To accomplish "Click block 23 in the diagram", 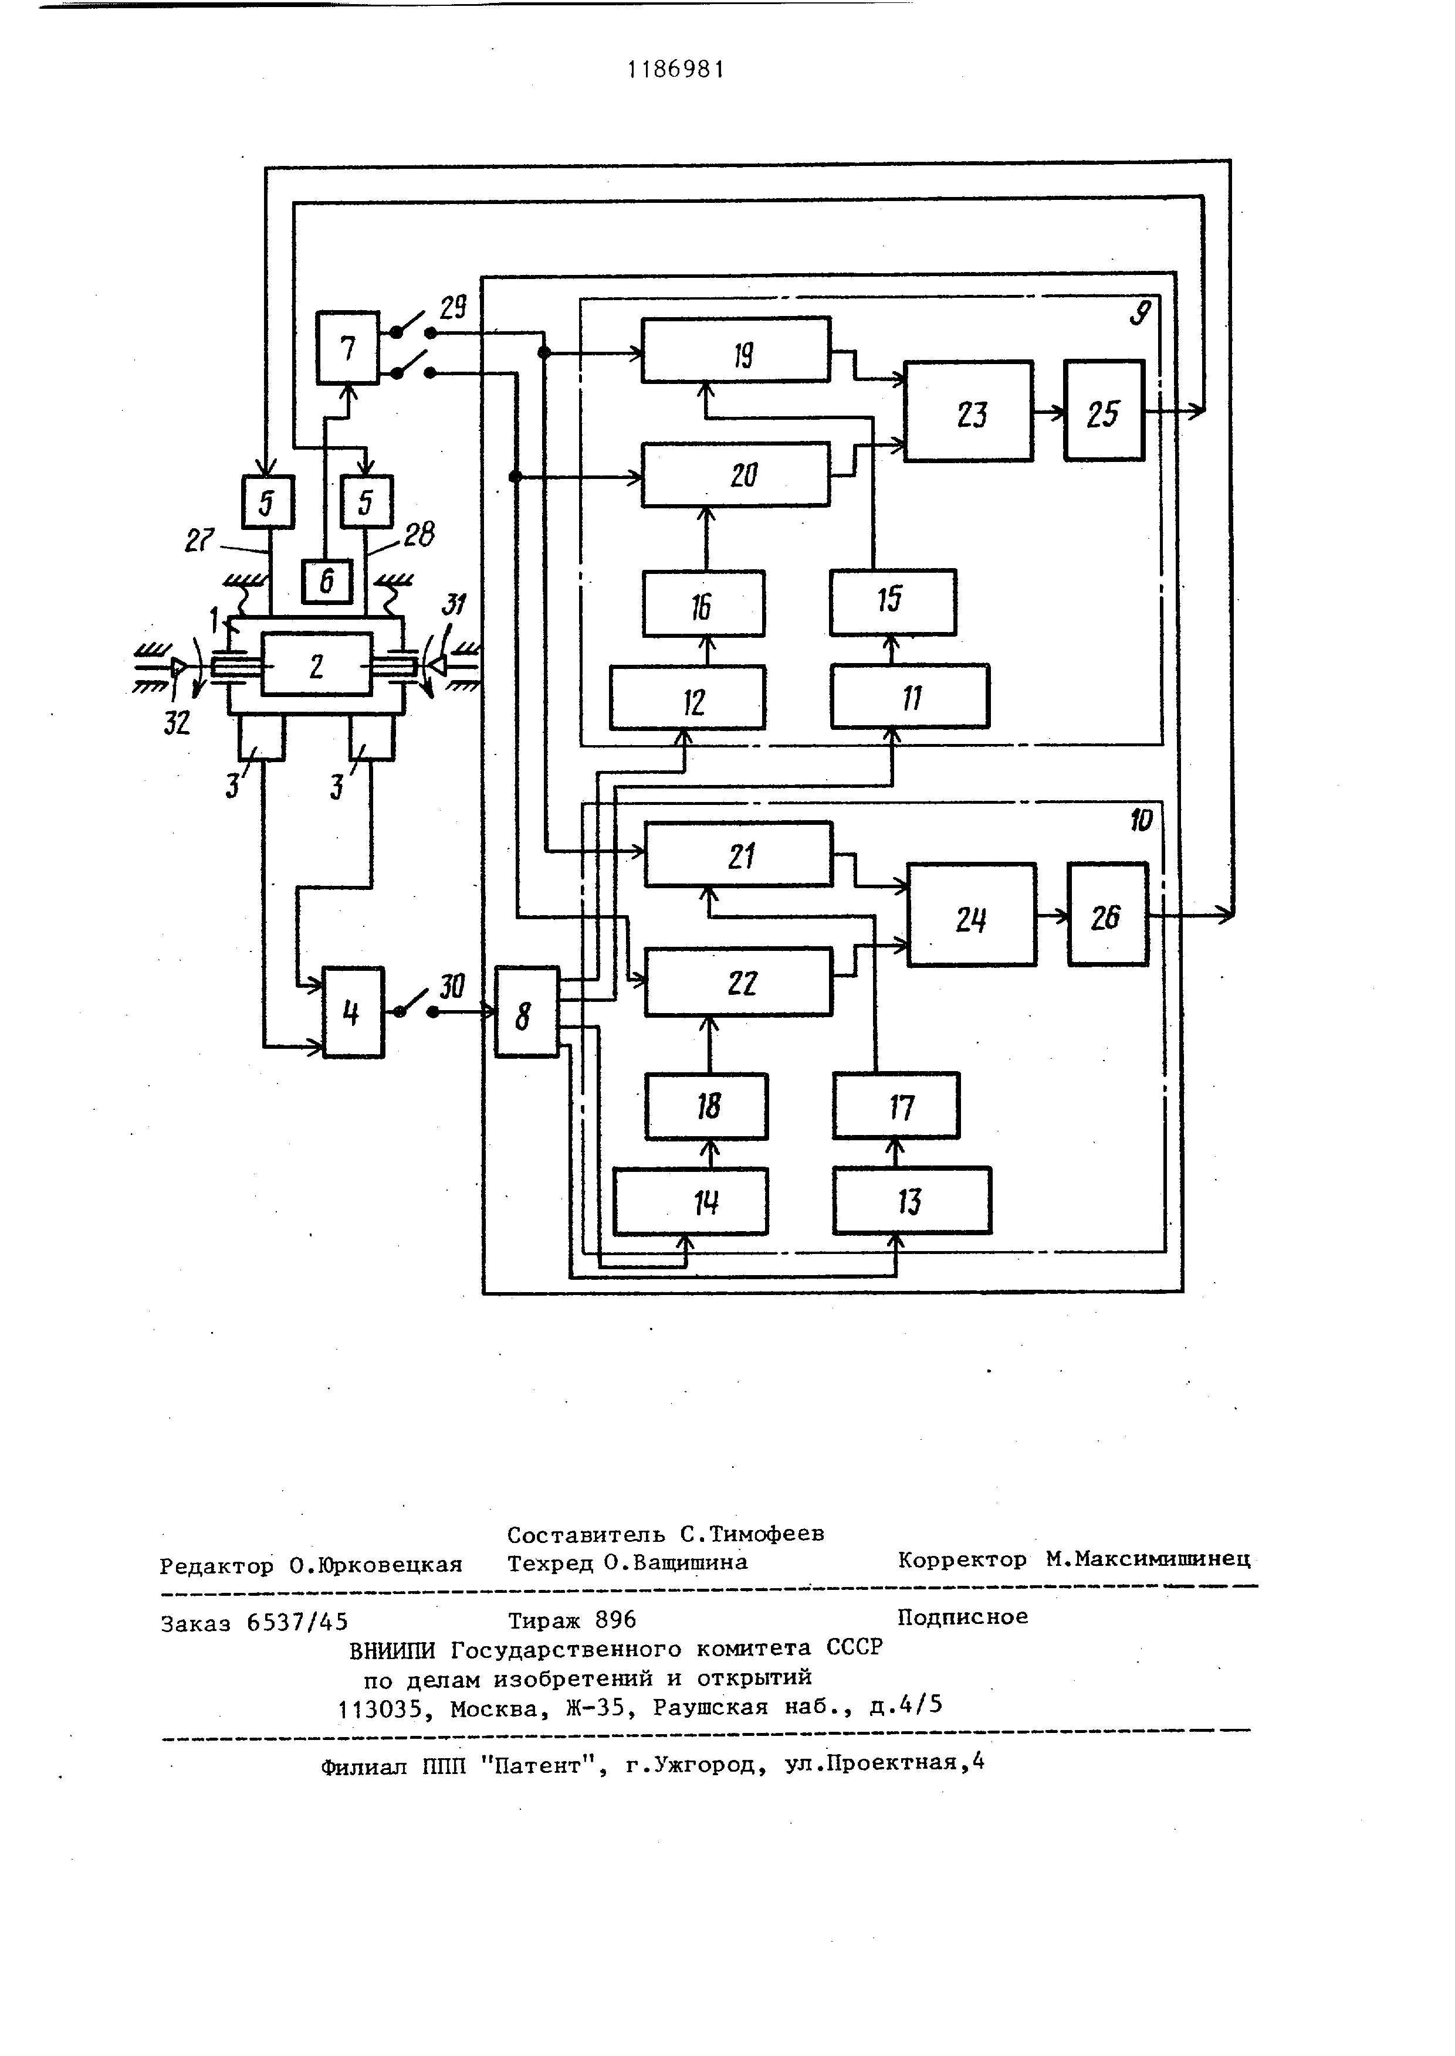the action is pyautogui.click(x=969, y=412).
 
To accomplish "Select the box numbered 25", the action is pyautogui.click(x=1104, y=411).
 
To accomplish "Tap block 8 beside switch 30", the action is pyautogui.click(x=527, y=1012).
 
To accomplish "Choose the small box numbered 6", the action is pyautogui.click(x=327, y=581).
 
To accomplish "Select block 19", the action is pyautogui.click(x=736, y=349).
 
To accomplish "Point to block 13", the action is pyautogui.click(x=912, y=1201).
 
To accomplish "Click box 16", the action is pyautogui.click(x=703, y=603).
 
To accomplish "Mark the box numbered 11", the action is pyautogui.click(x=911, y=696).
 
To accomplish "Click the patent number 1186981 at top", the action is pyautogui.click(x=675, y=69).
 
